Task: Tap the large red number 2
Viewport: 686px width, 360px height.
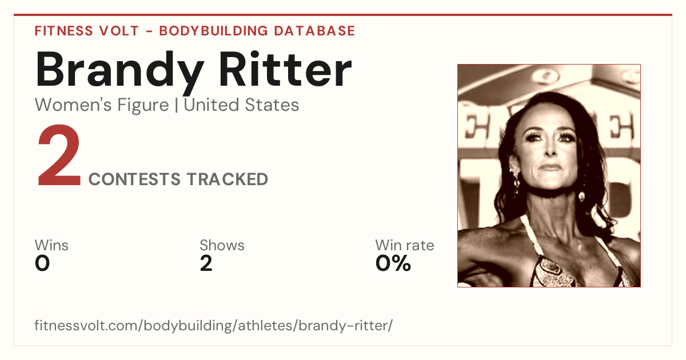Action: click(x=59, y=155)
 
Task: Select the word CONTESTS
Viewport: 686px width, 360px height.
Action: click(x=134, y=179)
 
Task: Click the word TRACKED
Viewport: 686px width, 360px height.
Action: click(x=228, y=179)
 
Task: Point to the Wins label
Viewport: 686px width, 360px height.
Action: click(x=51, y=245)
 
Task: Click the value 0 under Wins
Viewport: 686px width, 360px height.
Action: click(x=42, y=263)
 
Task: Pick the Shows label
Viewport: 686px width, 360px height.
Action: click(x=222, y=245)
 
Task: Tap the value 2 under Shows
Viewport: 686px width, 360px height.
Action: click(x=206, y=263)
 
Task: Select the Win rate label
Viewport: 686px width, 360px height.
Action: click(x=405, y=245)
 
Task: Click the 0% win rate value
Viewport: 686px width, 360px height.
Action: click(x=393, y=263)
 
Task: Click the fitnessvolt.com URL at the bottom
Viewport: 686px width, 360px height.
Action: click(x=213, y=326)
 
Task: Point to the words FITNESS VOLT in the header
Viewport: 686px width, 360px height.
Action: click(x=87, y=31)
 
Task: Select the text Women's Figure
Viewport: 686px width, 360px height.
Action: click(x=102, y=105)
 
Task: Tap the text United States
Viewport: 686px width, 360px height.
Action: click(x=241, y=105)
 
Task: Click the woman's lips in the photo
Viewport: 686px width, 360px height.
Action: click(x=551, y=167)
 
